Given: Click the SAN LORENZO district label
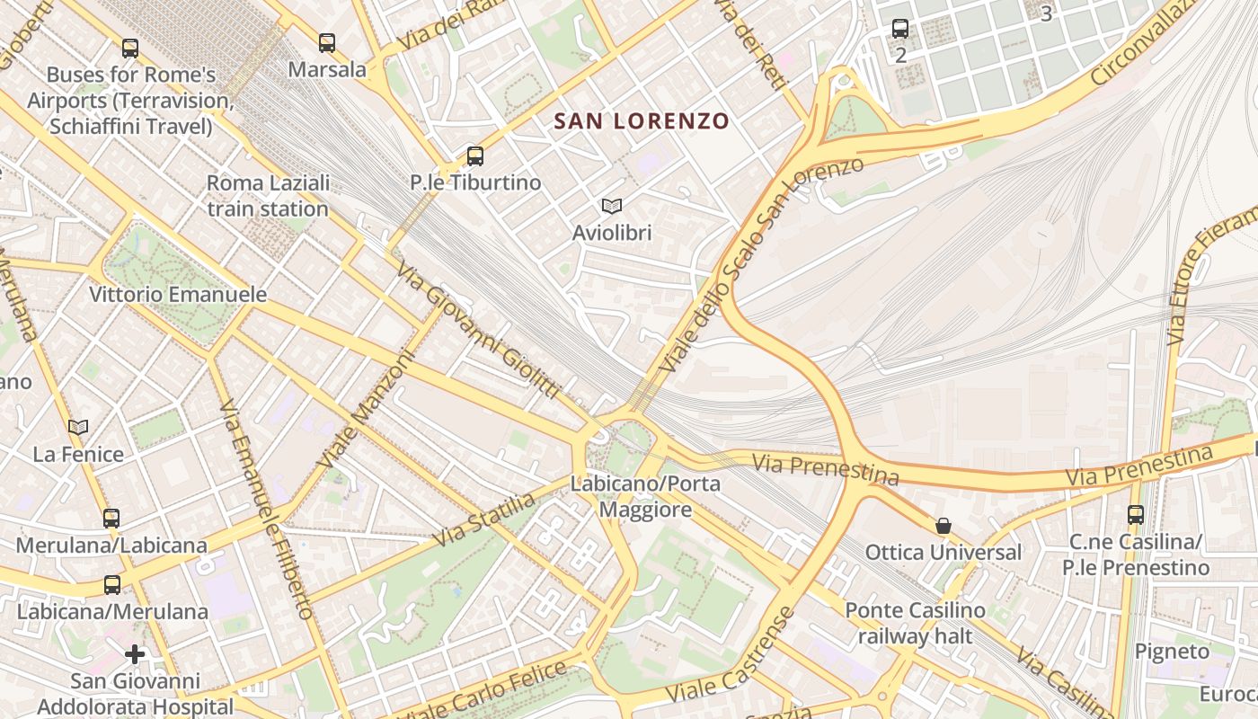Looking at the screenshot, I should click(641, 120).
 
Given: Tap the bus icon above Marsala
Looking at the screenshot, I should click(327, 42).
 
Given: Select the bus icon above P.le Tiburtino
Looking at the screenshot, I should click(475, 156).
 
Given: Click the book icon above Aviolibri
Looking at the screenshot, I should click(612, 207).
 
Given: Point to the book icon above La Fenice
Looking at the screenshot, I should click(78, 428).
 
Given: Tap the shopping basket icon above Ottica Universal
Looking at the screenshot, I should click(943, 526).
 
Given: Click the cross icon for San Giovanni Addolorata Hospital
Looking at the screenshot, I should click(135, 654).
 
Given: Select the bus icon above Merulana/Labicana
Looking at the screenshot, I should click(111, 519).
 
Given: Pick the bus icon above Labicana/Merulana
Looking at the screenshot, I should click(112, 585).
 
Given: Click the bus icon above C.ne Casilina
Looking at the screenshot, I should click(1136, 515).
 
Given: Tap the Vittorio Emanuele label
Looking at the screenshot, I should click(178, 294).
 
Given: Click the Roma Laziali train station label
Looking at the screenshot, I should click(268, 196).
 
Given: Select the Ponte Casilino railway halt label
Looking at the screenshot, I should click(915, 623).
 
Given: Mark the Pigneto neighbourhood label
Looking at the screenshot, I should click(1172, 651).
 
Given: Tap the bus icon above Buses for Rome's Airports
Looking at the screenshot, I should click(130, 49).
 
